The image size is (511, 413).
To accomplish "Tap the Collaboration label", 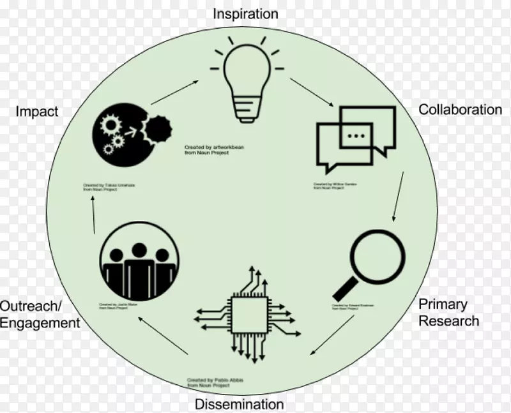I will tap(460, 109).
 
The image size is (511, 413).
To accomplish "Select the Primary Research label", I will tap(448, 312).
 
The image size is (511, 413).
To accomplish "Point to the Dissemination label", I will tap(239, 404).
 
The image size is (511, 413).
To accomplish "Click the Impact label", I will tap(37, 112).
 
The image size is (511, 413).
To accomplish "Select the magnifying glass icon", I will tap(372, 262).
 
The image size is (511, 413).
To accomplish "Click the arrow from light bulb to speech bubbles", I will tap(312, 93).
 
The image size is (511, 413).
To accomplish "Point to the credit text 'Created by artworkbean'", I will tap(214, 149).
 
